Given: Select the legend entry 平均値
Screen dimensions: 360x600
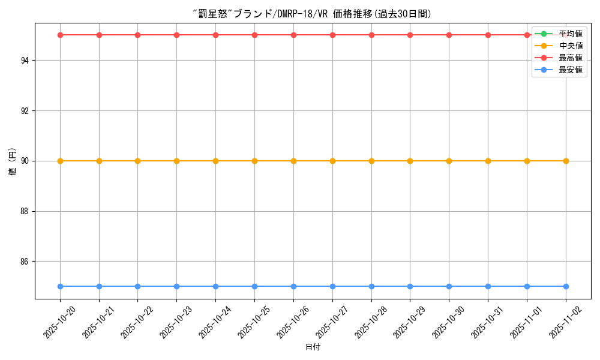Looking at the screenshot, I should coord(570,34).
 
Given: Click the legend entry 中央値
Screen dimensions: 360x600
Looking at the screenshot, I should coord(570,46).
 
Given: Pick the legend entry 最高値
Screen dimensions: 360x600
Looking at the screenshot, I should coord(570,58).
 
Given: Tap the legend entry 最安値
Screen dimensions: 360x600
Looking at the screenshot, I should coord(570,70).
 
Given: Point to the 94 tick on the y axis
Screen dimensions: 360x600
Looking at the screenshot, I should coord(27,61).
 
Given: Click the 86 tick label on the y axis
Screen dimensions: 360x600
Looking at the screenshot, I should coord(27,262).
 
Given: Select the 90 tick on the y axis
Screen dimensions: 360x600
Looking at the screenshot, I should coord(27,161).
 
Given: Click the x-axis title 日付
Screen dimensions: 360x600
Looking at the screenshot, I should coord(313,347).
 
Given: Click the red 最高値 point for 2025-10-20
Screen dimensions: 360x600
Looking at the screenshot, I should coord(60,35).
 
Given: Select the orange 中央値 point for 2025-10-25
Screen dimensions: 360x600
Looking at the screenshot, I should coord(254,161).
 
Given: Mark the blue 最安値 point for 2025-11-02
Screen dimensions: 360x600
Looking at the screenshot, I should coord(566,286).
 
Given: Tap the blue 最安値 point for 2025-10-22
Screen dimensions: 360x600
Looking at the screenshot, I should coord(137,286).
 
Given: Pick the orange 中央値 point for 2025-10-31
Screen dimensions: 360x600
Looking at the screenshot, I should coord(488,161).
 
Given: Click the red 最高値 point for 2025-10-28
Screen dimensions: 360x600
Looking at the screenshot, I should coord(371,35).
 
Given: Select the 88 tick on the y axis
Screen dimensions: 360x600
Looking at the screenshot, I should coord(27,211).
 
